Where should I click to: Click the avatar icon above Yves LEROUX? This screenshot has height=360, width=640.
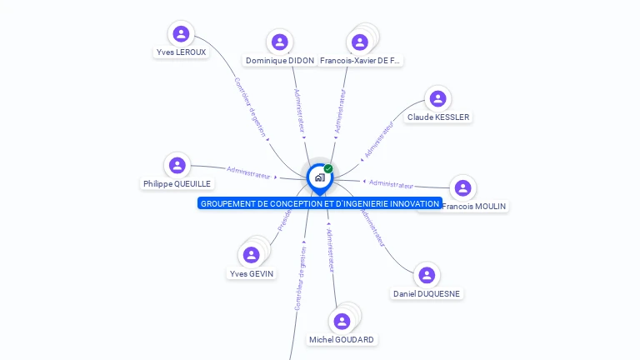(181, 34)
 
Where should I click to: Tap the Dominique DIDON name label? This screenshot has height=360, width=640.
(280, 61)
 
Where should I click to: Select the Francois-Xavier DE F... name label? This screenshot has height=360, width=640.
(360, 61)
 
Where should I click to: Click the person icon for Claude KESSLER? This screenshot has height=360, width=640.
(437, 99)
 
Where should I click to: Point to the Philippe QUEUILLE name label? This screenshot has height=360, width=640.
(177, 184)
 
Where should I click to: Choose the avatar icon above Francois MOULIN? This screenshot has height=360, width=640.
(462, 188)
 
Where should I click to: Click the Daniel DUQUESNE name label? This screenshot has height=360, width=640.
(427, 293)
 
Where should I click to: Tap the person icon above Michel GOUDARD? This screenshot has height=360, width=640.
(342, 321)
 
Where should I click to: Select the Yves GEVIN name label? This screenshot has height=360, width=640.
(251, 273)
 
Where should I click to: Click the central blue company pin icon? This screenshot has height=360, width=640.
(319, 177)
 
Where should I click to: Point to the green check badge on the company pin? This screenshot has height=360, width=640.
(328, 169)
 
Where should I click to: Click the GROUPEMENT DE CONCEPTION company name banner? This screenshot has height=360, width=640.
(319, 203)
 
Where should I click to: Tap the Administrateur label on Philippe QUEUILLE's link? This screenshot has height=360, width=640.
(249, 173)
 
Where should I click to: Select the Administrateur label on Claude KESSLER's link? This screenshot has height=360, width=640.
(379, 139)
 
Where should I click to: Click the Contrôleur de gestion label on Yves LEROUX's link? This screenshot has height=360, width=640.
(249, 107)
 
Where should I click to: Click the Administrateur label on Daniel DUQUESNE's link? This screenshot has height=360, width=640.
(372, 226)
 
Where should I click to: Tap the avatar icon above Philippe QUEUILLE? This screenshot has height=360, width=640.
(177, 165)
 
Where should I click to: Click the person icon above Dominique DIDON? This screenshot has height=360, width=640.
(280, 42)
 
